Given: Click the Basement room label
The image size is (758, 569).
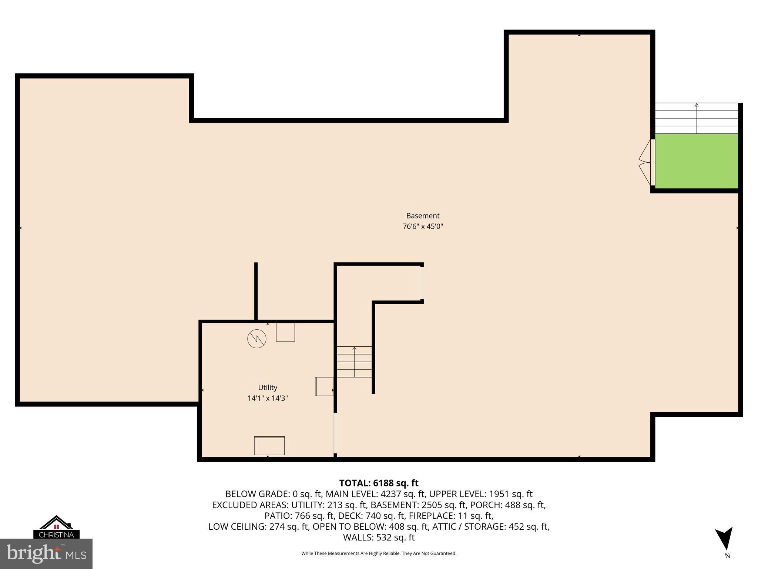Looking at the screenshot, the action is tap(423, 216).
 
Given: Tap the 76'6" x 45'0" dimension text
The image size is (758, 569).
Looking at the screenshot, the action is tap(423, 226).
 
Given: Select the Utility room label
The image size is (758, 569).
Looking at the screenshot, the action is tap(268, 387).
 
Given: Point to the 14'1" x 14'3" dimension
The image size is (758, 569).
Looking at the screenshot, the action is tap(268, 398).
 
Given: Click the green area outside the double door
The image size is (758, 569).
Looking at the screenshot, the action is tap(697, 161).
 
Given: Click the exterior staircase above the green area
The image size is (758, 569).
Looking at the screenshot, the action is tap(697, 119).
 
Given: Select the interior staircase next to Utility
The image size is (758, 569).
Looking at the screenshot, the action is tap(354, 362).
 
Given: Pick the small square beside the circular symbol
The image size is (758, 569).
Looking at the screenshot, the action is tap(285, 332).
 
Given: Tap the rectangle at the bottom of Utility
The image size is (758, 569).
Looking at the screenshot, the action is tap(269, 446).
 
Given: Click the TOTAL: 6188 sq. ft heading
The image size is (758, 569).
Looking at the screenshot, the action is tap(379, 483).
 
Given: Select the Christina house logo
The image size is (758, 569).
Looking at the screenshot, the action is tap(56, 527).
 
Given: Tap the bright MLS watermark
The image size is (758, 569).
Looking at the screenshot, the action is tap(46, 554).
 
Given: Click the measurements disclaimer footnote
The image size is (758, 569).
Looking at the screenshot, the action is tap(379, 553).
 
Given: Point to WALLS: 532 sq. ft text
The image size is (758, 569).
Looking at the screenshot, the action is tap(379, 537).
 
